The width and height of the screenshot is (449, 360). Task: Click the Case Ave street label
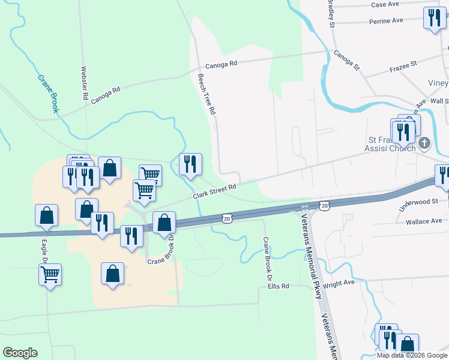[x=385, y=4]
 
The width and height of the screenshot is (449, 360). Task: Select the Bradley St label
[x=330, y=13]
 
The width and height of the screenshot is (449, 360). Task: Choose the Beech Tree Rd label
[x=206, y=94]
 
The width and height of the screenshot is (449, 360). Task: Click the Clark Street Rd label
[x=215, y=193]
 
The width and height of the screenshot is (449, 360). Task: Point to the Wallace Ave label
[x=424, y=222]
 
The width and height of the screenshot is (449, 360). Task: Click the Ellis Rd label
[x=279, y=287]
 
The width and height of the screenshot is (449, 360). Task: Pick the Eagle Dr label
[x=44, y=247]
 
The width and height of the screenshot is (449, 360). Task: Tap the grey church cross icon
[x=424, y=143]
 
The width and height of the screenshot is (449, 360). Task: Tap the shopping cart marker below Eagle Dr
[x=50, y=275]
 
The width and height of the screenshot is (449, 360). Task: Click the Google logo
[x=20, y=353]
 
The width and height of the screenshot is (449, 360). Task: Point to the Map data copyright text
[x=411, y=355]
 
